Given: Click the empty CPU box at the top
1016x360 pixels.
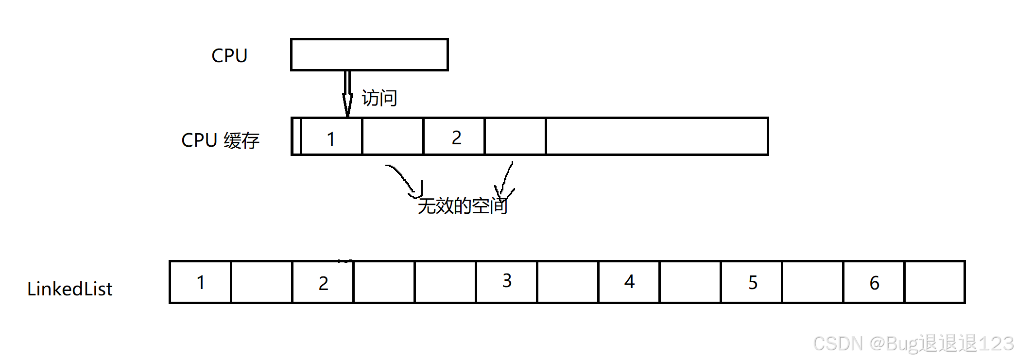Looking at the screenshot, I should [x=369, y=55].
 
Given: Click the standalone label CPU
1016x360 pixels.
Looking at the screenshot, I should [x=229, y=55].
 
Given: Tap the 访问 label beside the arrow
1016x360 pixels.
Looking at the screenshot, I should [x=379, y=98].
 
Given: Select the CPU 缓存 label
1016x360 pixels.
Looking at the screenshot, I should [x=220, y=140].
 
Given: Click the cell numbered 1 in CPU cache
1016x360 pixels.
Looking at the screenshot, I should [x=331, y=137].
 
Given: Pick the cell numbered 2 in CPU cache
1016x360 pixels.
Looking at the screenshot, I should [x=454, y=137].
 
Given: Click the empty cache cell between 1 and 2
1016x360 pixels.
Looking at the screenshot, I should [x=393, y=137].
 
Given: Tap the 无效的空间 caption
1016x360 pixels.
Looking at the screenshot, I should [x=463, y=206].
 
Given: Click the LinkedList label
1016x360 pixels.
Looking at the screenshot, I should [x=69, y=289].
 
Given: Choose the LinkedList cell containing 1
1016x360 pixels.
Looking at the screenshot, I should [x=201, y=282].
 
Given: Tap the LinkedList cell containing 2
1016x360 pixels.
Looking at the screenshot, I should [x=323, y=282].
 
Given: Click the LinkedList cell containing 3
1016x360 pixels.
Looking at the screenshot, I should [x=507, y=282].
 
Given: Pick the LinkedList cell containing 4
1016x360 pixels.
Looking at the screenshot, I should [x=629, y=282].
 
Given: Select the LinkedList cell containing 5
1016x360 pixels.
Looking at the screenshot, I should [x=752, y=282].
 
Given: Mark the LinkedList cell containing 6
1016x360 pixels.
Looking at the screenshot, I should [x=874, y=282].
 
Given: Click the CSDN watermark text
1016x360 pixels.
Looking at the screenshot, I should [x=913, y=343].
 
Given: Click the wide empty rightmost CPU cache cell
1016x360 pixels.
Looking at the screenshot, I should [x=657, y=137].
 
